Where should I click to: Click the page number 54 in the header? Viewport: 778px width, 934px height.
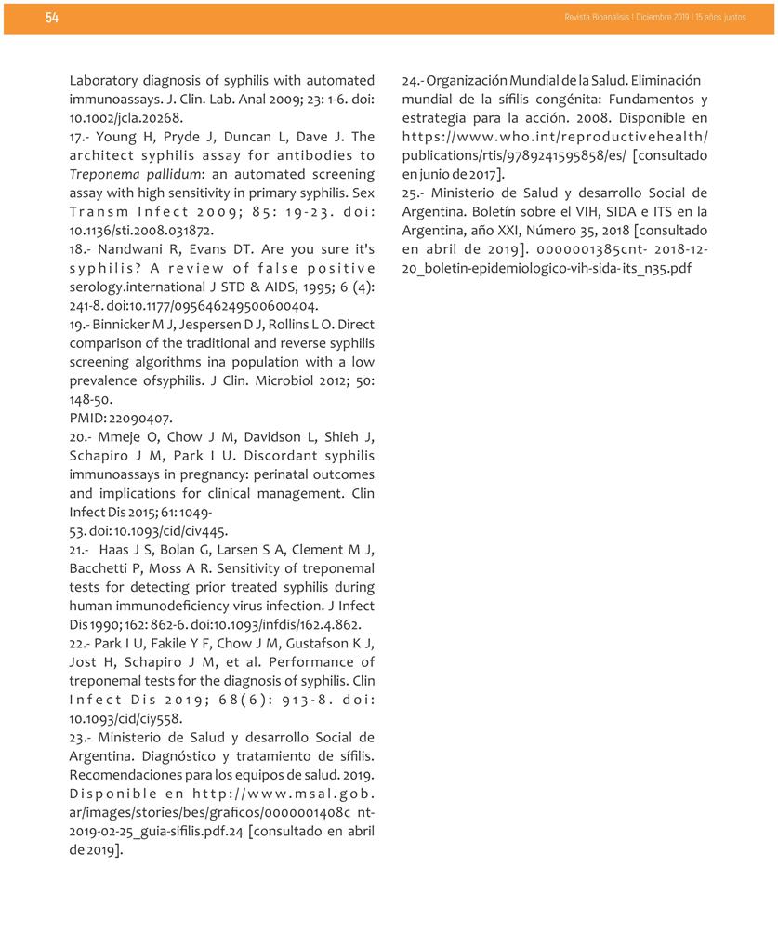click(x=52, y=18)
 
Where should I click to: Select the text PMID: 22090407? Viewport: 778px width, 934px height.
click(x=120, y=418)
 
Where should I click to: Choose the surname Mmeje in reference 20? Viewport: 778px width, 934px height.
click(x=120, y=437)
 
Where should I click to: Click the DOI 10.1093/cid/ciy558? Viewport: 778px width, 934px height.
click(x=125, y=718)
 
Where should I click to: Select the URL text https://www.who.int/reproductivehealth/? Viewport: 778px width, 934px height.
click(x=555, y=137)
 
